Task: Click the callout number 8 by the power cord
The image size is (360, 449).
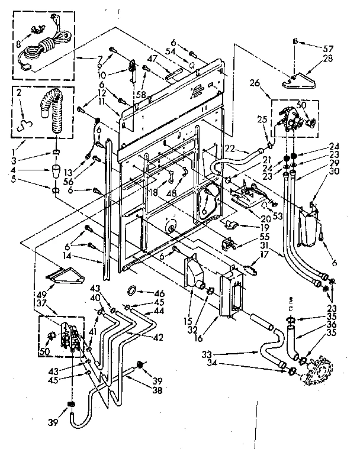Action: [x=18, y=43]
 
